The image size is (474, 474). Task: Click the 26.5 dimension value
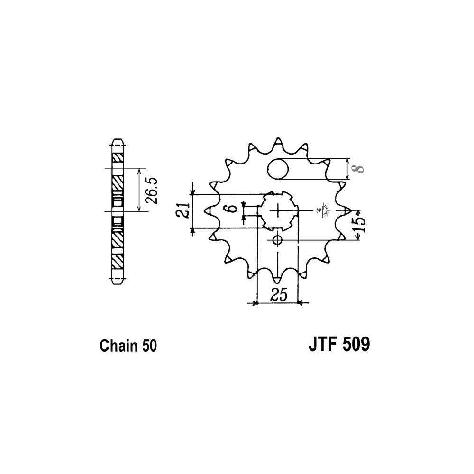(153, 190)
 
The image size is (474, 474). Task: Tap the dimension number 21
(183, 210)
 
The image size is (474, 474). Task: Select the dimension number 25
(279, 295)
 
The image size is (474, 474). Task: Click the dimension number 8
(359, 169)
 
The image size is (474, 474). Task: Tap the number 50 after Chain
(148, 346)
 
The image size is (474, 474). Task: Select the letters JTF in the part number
(323, 344)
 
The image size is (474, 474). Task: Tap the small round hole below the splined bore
(277, 240)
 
